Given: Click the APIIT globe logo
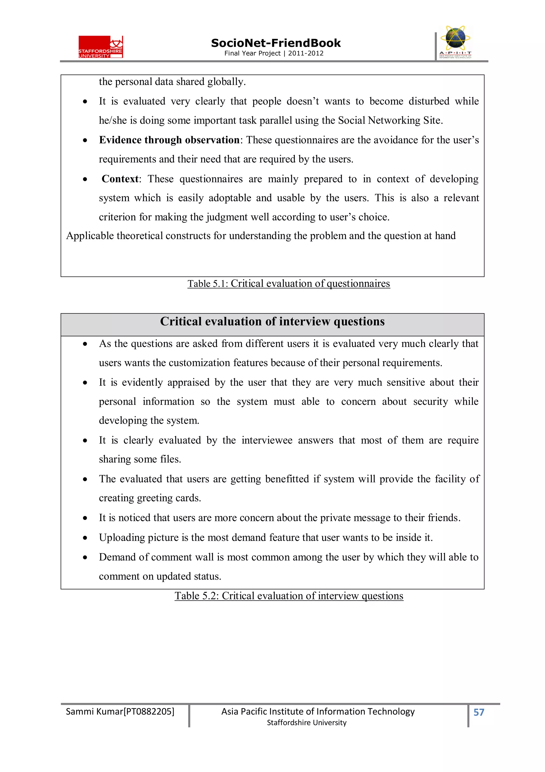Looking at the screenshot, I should tap(455, 42).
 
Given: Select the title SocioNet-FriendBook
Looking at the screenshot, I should tap(276, 43).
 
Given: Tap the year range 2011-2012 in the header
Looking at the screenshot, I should tap(305, 53).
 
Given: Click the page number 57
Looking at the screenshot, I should tap(478, 712).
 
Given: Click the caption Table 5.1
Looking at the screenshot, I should tap(288, 284).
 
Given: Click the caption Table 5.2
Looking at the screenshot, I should tap(288, 596).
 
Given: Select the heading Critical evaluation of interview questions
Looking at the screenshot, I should tap(272, 321).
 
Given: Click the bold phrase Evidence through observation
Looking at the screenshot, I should tap(169, 140).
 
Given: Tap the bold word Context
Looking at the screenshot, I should tap(120, 179).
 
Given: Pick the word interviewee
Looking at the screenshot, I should tap(267, 440).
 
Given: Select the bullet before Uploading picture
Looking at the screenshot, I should tap(85, 538).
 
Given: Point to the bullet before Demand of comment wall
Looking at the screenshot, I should tap(85, 558).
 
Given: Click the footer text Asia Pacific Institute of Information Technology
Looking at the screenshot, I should tap(318, 712).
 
